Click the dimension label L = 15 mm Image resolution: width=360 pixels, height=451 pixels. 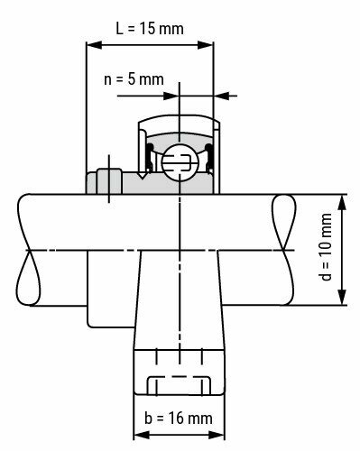pos(150,28)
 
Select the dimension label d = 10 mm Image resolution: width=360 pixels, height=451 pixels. pos(327,250)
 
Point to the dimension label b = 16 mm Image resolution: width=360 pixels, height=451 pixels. pos(179,419)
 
